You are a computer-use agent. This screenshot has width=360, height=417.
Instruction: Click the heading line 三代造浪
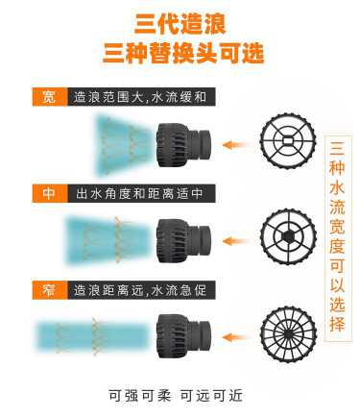coord(180,23)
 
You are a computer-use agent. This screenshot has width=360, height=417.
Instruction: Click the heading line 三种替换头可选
coord(183,53)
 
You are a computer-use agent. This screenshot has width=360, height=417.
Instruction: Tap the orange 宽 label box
coord(50,96)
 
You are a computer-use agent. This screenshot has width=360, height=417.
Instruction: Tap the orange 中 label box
coord(50,193)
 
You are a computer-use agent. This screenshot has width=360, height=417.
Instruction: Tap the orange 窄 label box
coord(50,290)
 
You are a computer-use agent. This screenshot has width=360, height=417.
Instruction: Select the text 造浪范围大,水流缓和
coord(140,97)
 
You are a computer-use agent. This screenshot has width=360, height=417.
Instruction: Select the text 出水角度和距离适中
coord(139,193)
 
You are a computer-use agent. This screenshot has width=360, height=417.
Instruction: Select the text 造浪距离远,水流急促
coord(140,290)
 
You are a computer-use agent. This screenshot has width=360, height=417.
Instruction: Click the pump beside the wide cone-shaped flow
coord(183,144)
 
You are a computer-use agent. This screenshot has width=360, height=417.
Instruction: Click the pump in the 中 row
coord(183,240)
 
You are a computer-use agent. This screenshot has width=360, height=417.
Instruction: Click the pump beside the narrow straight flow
coord(183,336)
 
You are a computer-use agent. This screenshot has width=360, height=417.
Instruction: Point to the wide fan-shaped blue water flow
coord(124,145)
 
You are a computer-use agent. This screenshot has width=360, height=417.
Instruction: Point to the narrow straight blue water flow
coord(92,336)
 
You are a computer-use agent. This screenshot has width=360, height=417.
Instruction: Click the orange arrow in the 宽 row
coord(234,145)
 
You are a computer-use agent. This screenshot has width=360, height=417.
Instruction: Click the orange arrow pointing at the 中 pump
coord(234,241)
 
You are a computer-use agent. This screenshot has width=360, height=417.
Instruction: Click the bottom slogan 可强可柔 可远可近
coord(176,396)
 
